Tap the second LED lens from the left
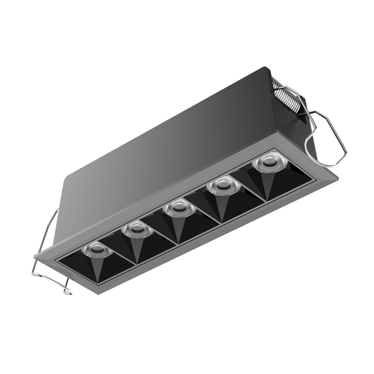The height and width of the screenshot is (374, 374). [x=134, y=228]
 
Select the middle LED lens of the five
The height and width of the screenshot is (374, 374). [x=178, y=208]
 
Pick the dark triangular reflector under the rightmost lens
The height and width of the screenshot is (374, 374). [x=268, y=184]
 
